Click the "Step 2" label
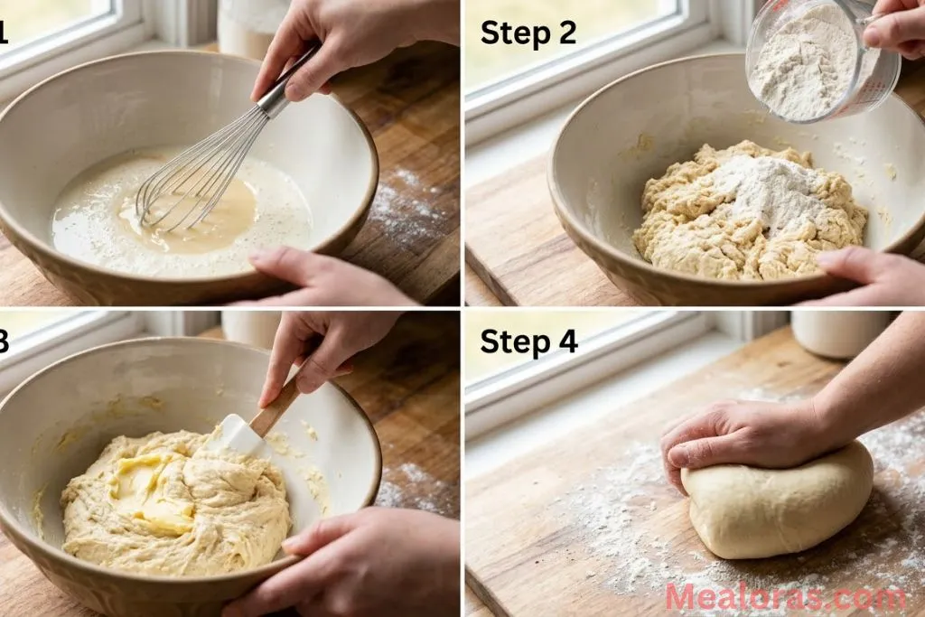click(x=528, y=33)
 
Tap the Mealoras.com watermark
click(x=784, y=597)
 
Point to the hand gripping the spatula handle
click(x=316, y=348)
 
